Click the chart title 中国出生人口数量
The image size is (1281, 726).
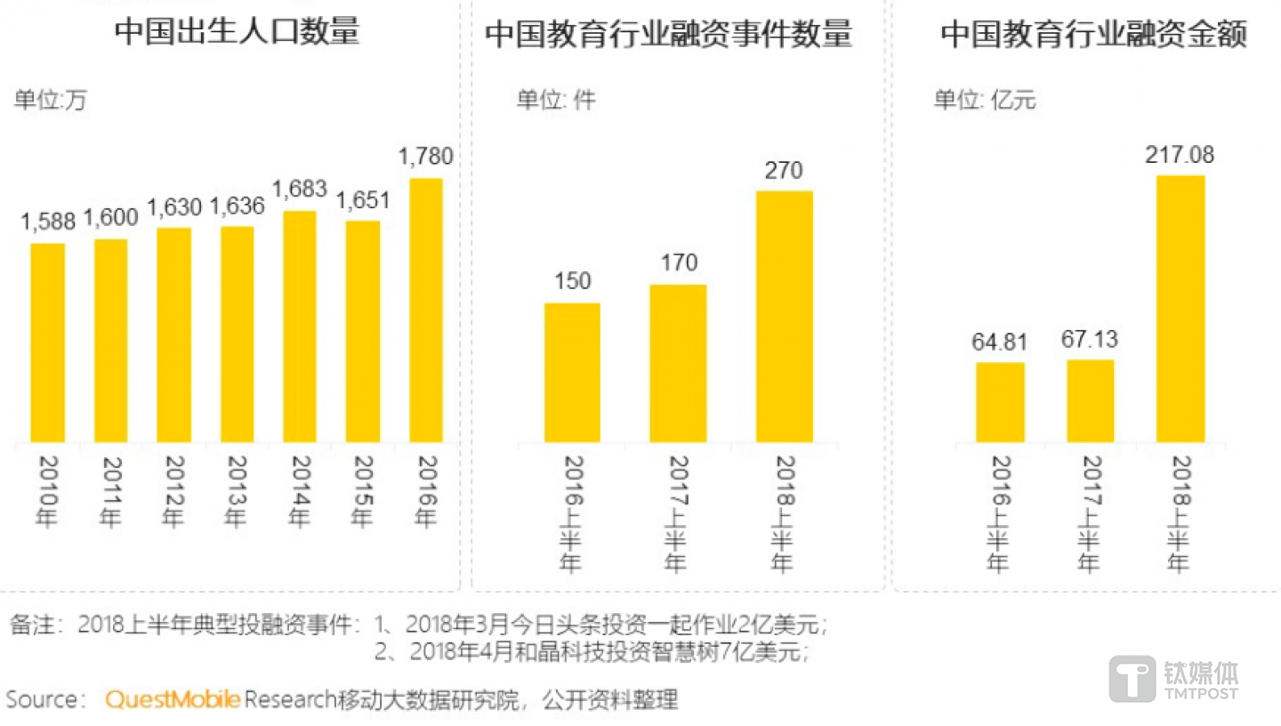point(237,32)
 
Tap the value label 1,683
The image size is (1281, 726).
point(299,190)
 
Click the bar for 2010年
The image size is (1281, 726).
point(48,343)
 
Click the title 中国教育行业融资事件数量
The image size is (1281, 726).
point(668,35)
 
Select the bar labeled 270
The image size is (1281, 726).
point(784,316)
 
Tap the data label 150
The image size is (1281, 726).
point(572,282)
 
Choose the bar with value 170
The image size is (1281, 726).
point(678,363)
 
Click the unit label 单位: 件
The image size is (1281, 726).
point(556,100)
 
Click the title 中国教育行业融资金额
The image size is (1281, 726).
point(1093,35)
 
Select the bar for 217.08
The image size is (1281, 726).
point(1180,309)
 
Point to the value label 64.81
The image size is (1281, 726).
point(1000,342)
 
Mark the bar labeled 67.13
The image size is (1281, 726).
point(1090,400)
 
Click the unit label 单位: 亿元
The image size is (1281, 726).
point(985,100)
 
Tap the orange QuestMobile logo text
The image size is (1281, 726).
point(173,700)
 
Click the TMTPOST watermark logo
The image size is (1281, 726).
point(1173,681)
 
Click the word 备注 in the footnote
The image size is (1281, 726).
point(32,625)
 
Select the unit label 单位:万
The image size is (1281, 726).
point(51,100)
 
